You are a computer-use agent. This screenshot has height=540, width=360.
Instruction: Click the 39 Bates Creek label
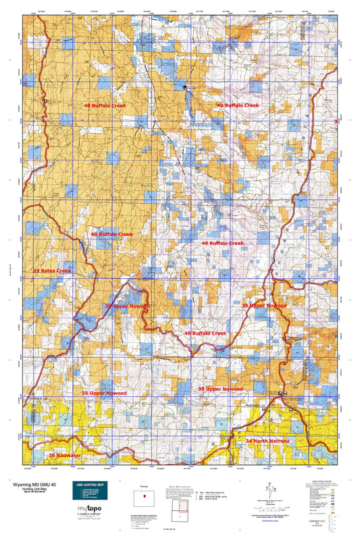(x=52, y=271)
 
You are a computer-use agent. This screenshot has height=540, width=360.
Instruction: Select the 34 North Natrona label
(x=268, y=441)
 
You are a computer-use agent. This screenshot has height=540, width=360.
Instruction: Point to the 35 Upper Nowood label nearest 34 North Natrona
(x=220, y=389)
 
